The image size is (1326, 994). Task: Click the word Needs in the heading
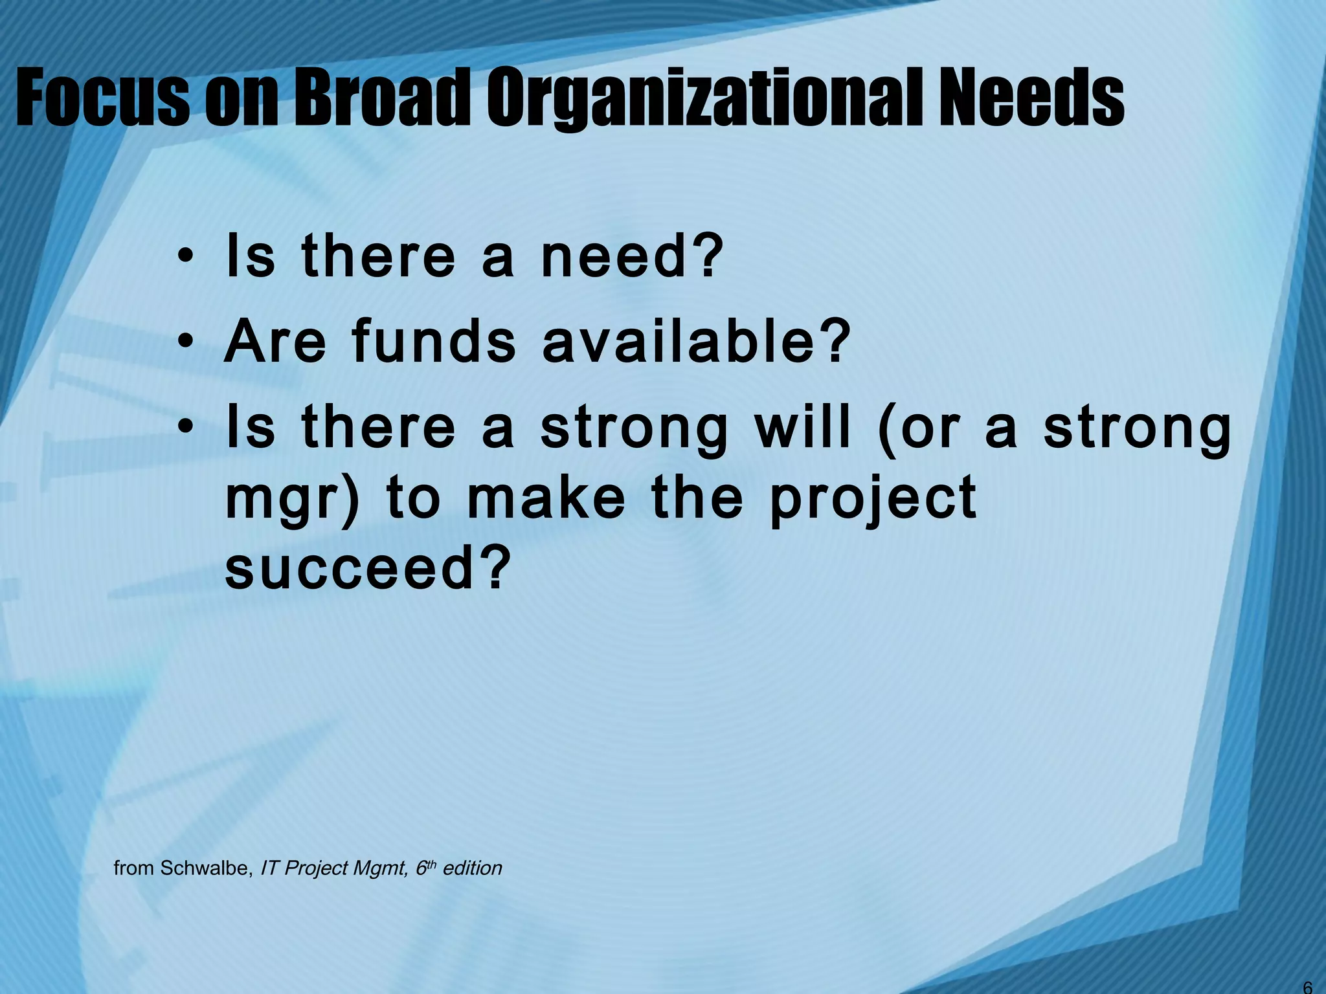1033,98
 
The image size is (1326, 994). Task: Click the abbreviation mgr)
291,502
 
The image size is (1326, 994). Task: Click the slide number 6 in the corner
1307,987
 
